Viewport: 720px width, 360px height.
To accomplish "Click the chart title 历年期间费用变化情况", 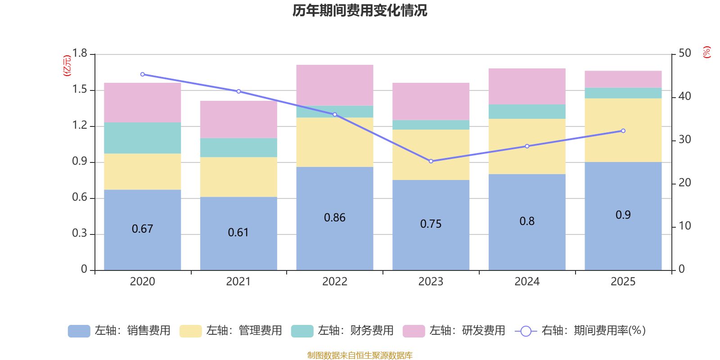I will point(360,10).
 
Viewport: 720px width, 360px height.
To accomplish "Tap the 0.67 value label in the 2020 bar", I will point(142,229).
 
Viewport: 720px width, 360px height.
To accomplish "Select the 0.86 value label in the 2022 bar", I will point(335,218).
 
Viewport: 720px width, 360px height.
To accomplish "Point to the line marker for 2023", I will point(431,161).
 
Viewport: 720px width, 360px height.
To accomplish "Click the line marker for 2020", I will point(142,74).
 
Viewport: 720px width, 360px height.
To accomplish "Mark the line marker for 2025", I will point(623,131).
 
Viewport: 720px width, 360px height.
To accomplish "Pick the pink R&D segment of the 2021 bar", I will point(238,119).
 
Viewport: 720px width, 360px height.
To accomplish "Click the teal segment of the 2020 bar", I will point(142,138).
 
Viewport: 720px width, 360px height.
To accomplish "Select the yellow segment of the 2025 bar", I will point(623,130).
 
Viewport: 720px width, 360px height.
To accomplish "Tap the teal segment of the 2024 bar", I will point(527,112).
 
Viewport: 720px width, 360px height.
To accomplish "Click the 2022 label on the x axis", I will point(335,282).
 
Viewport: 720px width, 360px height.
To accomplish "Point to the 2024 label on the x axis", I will point(527,282).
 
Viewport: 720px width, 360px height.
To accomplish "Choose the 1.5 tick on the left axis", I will point(80,90).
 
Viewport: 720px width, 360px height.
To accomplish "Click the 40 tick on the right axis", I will point(684,96).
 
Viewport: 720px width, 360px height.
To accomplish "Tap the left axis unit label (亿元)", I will point(67,66).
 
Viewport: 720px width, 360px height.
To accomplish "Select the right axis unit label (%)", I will point(706,52).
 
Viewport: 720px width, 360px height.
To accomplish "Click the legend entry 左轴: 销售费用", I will point(119,331).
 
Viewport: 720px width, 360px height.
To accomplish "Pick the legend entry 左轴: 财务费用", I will point(342,331).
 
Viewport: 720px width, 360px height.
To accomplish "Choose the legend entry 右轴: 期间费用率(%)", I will point(580,331).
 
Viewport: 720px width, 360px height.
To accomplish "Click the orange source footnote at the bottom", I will point(360,355).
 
